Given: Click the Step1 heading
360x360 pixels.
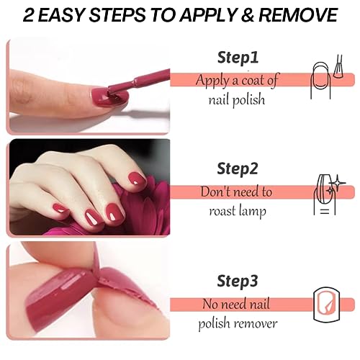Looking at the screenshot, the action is [x=238, y=58].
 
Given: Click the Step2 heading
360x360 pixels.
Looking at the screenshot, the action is [x=238, y=168].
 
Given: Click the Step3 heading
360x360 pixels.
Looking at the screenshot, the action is [x=238, y=281].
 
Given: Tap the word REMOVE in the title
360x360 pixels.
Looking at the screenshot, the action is [x=298, y=15].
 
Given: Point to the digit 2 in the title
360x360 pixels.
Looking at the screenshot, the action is [x=29, y=15].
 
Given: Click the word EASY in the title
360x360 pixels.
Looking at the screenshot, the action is [x=61, y=15].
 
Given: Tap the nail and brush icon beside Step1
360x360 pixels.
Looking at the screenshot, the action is [x=326, y=77].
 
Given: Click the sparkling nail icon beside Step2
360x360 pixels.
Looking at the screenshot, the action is [x=329, y=194].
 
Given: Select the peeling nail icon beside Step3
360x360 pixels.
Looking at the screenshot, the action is [x=327, y=305].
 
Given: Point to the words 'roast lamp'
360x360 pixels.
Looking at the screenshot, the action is [x=238, y=212].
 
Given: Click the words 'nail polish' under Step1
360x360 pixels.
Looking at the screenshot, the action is [x=237, y=100].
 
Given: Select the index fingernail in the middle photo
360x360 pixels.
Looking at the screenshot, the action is [x=136, y=180].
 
